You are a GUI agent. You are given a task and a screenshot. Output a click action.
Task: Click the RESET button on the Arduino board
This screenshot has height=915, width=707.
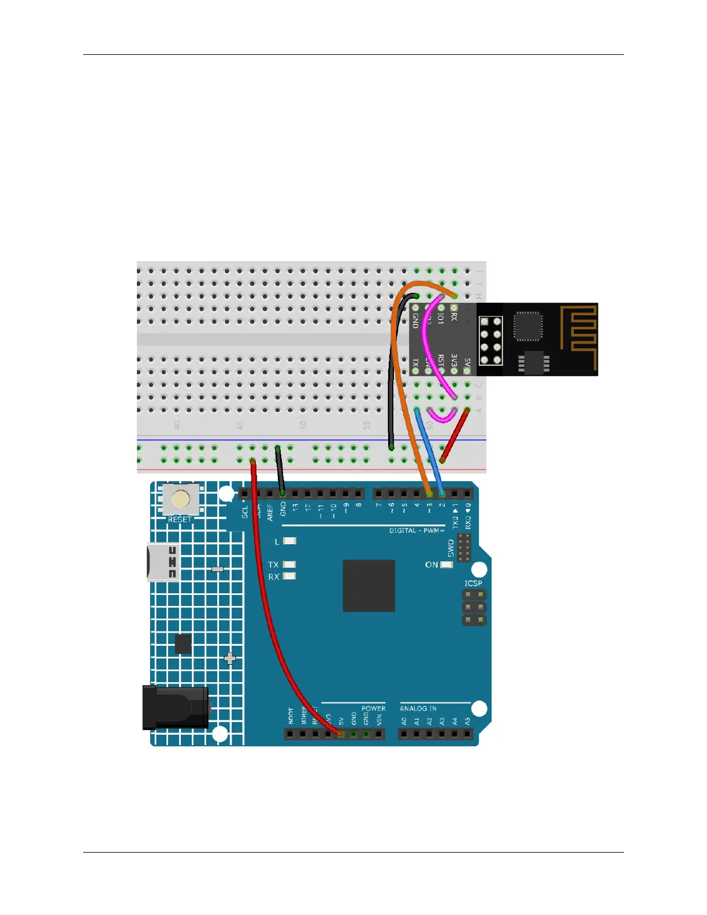click(181, 500)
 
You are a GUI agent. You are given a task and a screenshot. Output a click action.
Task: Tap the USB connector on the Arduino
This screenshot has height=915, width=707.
click(163, 562)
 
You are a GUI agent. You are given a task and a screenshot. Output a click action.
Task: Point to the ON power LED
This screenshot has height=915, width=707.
click(446, 564)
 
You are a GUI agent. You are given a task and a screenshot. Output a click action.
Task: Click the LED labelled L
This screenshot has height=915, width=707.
click(289, 541)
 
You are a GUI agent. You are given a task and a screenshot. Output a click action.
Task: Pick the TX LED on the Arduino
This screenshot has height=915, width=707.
click(289, 564)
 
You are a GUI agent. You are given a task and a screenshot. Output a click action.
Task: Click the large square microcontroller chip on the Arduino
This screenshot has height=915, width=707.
click(369, 585)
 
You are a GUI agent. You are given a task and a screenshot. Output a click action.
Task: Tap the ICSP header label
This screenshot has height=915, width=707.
click(473, 583)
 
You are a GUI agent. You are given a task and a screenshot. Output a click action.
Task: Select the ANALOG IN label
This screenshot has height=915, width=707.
click(418, 708)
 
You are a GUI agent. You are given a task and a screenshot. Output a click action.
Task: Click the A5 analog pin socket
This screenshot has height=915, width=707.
click(467, 734)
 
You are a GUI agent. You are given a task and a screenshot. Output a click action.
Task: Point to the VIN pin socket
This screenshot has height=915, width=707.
click(379, 734)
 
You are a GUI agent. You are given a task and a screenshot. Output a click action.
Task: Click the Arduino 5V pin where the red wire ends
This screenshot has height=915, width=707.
click(341, 734)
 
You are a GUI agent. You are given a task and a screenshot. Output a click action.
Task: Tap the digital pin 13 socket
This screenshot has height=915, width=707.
click(295, 494)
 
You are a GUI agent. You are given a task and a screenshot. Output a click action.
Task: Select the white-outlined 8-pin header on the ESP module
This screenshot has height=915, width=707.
click(490, 341)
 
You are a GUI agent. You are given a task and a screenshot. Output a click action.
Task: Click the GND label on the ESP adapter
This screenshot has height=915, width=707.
click(415, 319)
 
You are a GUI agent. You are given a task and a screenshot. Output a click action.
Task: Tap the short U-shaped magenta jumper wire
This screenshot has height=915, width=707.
click(442, 416)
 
